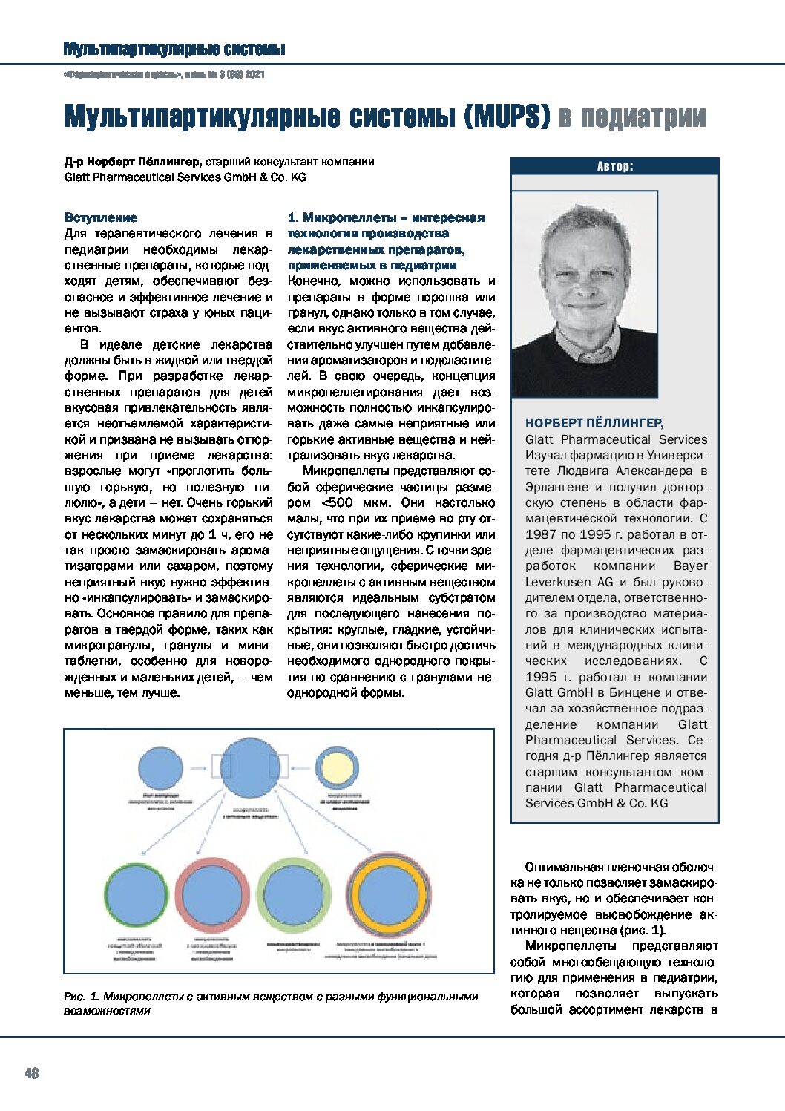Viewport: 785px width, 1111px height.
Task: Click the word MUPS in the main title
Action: [512, 117]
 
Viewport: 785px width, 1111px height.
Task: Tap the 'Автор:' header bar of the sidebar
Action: [614, 166]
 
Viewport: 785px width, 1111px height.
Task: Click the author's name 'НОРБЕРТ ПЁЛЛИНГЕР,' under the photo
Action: [594, 423]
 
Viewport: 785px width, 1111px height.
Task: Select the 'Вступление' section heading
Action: [101, 217]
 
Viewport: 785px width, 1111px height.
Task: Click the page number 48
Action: [32, 1073]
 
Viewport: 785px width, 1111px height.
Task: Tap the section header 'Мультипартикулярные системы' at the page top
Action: [174, 49]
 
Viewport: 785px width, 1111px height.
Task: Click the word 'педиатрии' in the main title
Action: [632, 117]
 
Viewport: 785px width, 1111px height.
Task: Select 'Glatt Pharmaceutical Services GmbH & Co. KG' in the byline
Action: [185, 177]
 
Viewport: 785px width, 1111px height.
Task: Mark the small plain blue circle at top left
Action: [160, 767]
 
